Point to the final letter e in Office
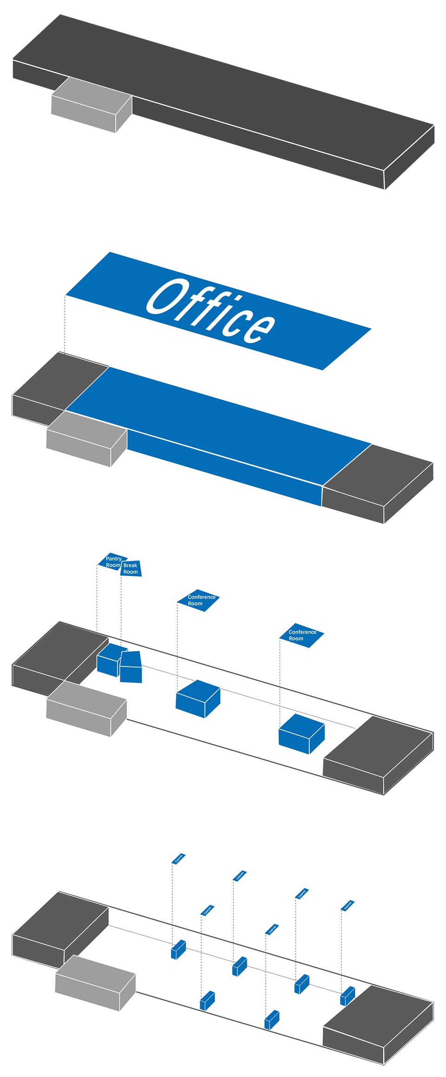point(260,327)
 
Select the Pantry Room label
point(113,562)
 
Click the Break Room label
point(131,568)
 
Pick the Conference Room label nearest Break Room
point(199,600)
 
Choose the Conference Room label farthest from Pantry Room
point(301,635)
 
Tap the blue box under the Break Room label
point(131,667)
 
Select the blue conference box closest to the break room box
point(197,698)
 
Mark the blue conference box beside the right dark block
point(301,733)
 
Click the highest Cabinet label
point(178,859)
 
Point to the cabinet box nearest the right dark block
point(347,996)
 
